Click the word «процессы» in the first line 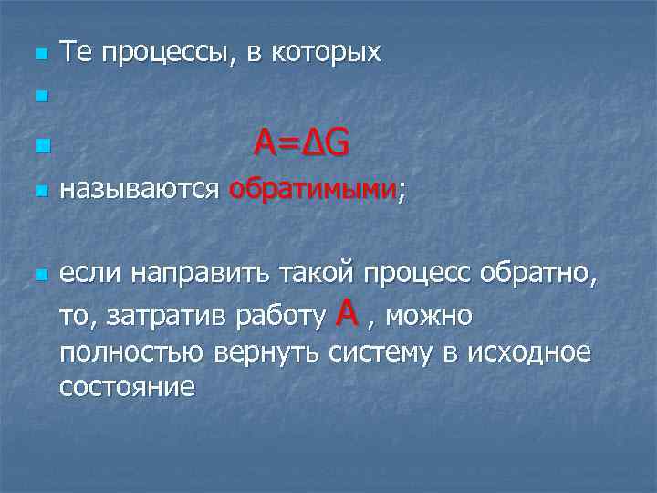point(167,54)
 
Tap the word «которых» point(324,54)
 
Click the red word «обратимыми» point(313,191)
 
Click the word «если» point(90,273)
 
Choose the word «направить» point(188,273)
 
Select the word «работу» point(279,317)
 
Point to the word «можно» point(433,317)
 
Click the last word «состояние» point(127,387)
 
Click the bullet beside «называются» point(39,193)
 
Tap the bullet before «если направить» point(39,275)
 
